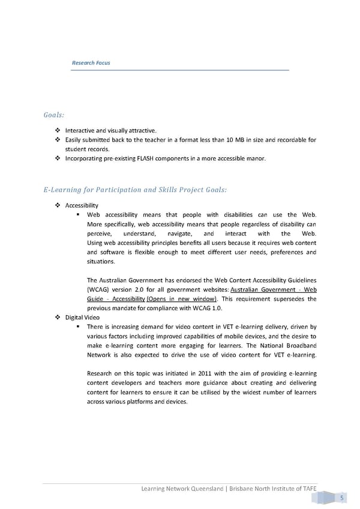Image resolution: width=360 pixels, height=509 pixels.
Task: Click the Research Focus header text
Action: click(91, 63)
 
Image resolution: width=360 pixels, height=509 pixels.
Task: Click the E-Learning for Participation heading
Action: click(135, 190)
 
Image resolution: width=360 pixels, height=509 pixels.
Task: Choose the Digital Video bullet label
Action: click(82, 317)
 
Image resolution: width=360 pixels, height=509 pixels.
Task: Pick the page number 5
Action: click(341, 498)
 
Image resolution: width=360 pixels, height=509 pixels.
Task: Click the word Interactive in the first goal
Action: click(79, 130)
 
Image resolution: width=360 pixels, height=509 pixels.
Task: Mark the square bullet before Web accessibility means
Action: click(79, 215)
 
